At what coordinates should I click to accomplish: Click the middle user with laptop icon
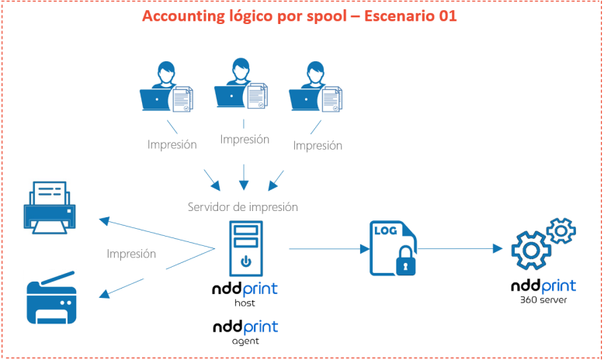pyautogui.click(x=243, y=83)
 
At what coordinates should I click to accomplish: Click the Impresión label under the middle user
pyautogui.click(x=245, y=140)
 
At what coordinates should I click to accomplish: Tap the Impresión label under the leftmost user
pyautogui.click(x=172, y=144)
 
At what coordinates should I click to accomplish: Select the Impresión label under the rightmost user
pyautogui.click(x=318, y=145)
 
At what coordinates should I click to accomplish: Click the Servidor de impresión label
pyautogui.click(x=243, y=207)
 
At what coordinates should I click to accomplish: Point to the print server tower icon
pyautogui.click(x=245, y=247)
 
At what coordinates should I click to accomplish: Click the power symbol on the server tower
pyautogui.click(x=245, y=261)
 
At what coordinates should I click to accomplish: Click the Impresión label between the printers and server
pyautogui.click(x=131, y=254)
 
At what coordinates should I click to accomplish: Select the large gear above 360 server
pyautogui.click(x=531, y=251)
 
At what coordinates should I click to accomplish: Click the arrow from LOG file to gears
pyautogui.click(x=459, y=249)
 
